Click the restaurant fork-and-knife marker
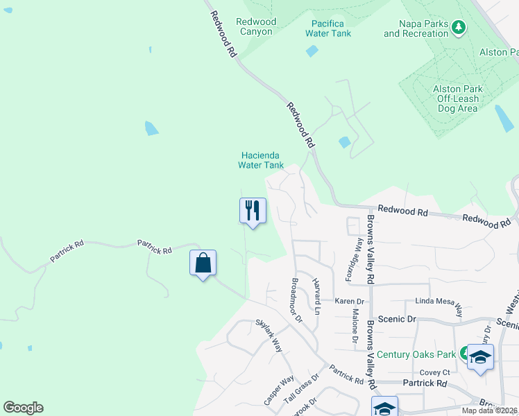pyautogui.click(x=253, y=210)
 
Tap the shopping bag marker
pyautogui.click(x=203, y=263)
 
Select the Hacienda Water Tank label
pyautogui.click(x=261, y=160)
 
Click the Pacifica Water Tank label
pyautogui.click(x=329, y=28)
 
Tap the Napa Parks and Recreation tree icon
pyautogui.click(x=458, y=28)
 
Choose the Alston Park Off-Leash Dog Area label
pyautogui.click(x=457, y=98)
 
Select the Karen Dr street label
pyautogui.click(x=350, y=302)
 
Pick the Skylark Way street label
pyautogui.click(x=269, y=336)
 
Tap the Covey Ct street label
pyautogui.click(x=435, y=372)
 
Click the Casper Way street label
pyautogui.click(x=278, y=392)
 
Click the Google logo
pyautogui.click(x=23, y=408)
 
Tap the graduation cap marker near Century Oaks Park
pyautogui.click(x=480, y=357)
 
